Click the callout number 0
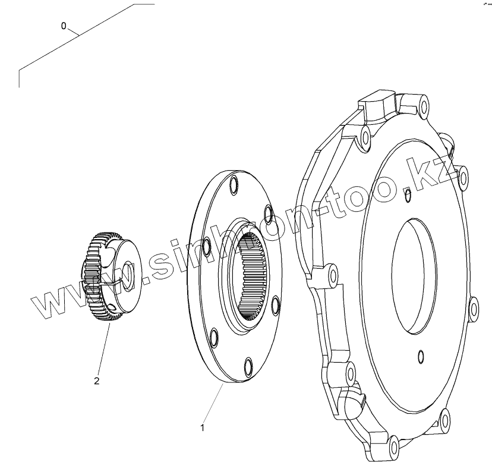click(64, 26)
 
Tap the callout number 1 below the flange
click(203, 427)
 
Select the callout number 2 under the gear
click(97, 380)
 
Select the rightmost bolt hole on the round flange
click(275, 305)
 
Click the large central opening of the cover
click(414, 274)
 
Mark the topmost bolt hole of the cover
click(422, 108)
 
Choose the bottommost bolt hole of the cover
click(393, 444)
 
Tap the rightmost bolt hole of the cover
click(473, 307)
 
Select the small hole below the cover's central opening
click(421, 356)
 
